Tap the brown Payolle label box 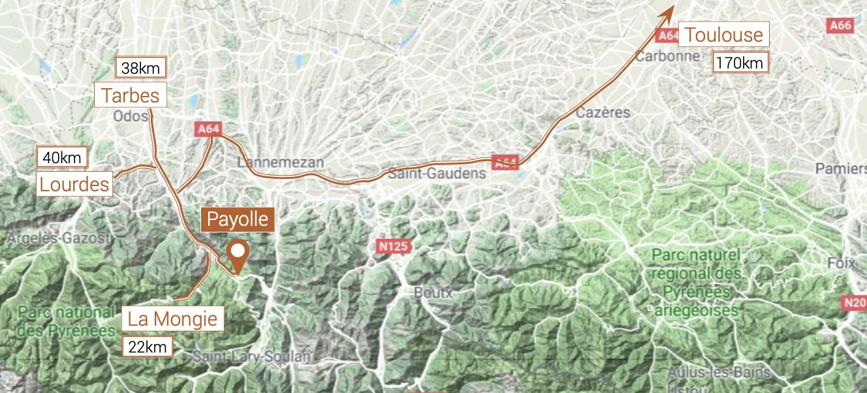click(x=238, y=219)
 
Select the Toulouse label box click(x=724, y=34)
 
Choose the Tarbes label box click(x=131, y=95)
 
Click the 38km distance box click(x=141, y=67)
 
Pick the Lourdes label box click(x=74, y=184)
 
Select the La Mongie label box click(x=172, y=319)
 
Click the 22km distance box click(x=148, y=347)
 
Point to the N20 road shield click(x=855, y=303)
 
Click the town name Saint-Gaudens click(x=437, y=174)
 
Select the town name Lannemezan click(x=281, y=162)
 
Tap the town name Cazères click(x=603, y=112)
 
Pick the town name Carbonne click(x=667, y=56)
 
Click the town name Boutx click(x=433, y=292)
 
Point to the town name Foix click(x=841, y=264)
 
